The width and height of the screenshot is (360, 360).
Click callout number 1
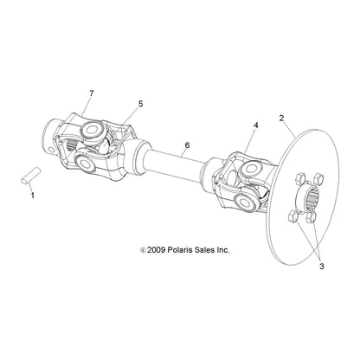tap(33, 196)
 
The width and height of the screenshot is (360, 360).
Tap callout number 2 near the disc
tap(281, 118)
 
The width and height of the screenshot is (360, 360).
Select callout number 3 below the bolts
tap(322, 267)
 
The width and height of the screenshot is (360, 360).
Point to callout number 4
tap(255, 125)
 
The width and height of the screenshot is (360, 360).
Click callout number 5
tap(140, 104)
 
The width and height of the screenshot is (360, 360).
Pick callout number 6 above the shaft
tap(187, 145)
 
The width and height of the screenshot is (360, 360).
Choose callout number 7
tap(92, 93)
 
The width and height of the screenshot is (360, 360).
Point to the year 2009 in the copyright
tap(156, 250)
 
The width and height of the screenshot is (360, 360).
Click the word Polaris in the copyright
tap(180, 250)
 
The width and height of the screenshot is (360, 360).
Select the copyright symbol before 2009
tap(143, 250)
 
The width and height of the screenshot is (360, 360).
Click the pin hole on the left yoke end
tap(51, 150)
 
